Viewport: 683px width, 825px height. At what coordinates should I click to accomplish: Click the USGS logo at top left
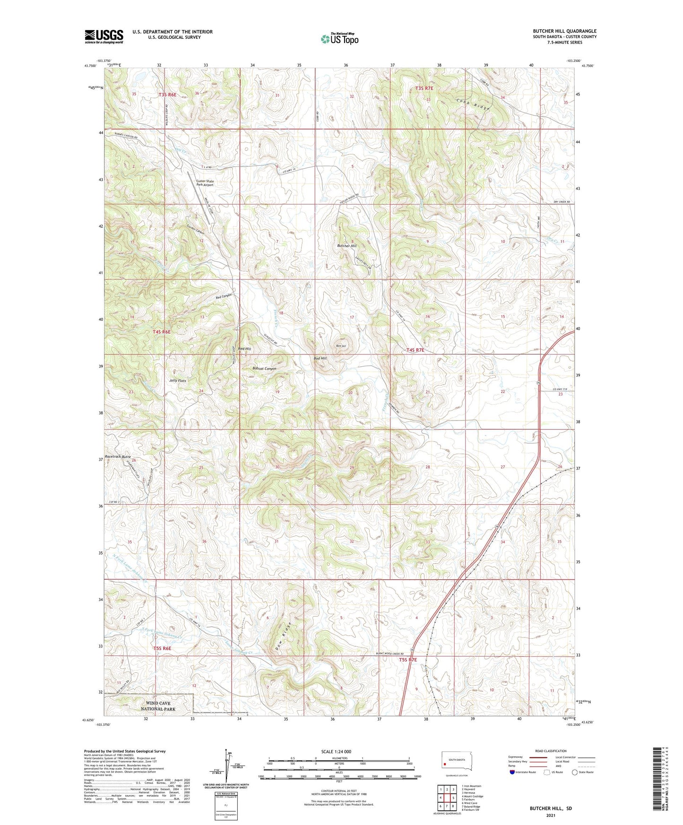pos(104,36)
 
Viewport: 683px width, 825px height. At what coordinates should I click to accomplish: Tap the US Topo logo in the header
pos(339,39)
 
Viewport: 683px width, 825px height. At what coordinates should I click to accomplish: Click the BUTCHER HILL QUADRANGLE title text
pos(564,31)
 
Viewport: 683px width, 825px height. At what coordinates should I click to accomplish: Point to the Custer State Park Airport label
pos(205,183)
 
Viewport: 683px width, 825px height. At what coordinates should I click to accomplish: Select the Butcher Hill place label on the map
pos(347,246)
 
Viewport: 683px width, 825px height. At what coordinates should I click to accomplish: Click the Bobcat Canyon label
pos(264,369)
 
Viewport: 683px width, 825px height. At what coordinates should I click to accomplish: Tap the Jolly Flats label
pos(178,381)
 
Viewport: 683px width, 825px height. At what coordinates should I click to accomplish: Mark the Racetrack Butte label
pos(118,457)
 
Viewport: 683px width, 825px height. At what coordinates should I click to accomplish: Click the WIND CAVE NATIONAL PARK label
pos(158,706)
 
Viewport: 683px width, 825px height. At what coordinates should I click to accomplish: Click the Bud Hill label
pos(320,358)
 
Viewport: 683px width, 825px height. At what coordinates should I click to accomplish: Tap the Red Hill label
pos(245,349)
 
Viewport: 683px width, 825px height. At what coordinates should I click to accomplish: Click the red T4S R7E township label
pos(415,350)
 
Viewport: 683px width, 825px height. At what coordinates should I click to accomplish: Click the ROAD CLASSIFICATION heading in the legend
pos(551,751)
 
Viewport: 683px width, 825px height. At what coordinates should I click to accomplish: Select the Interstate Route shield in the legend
pos(512,773)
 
